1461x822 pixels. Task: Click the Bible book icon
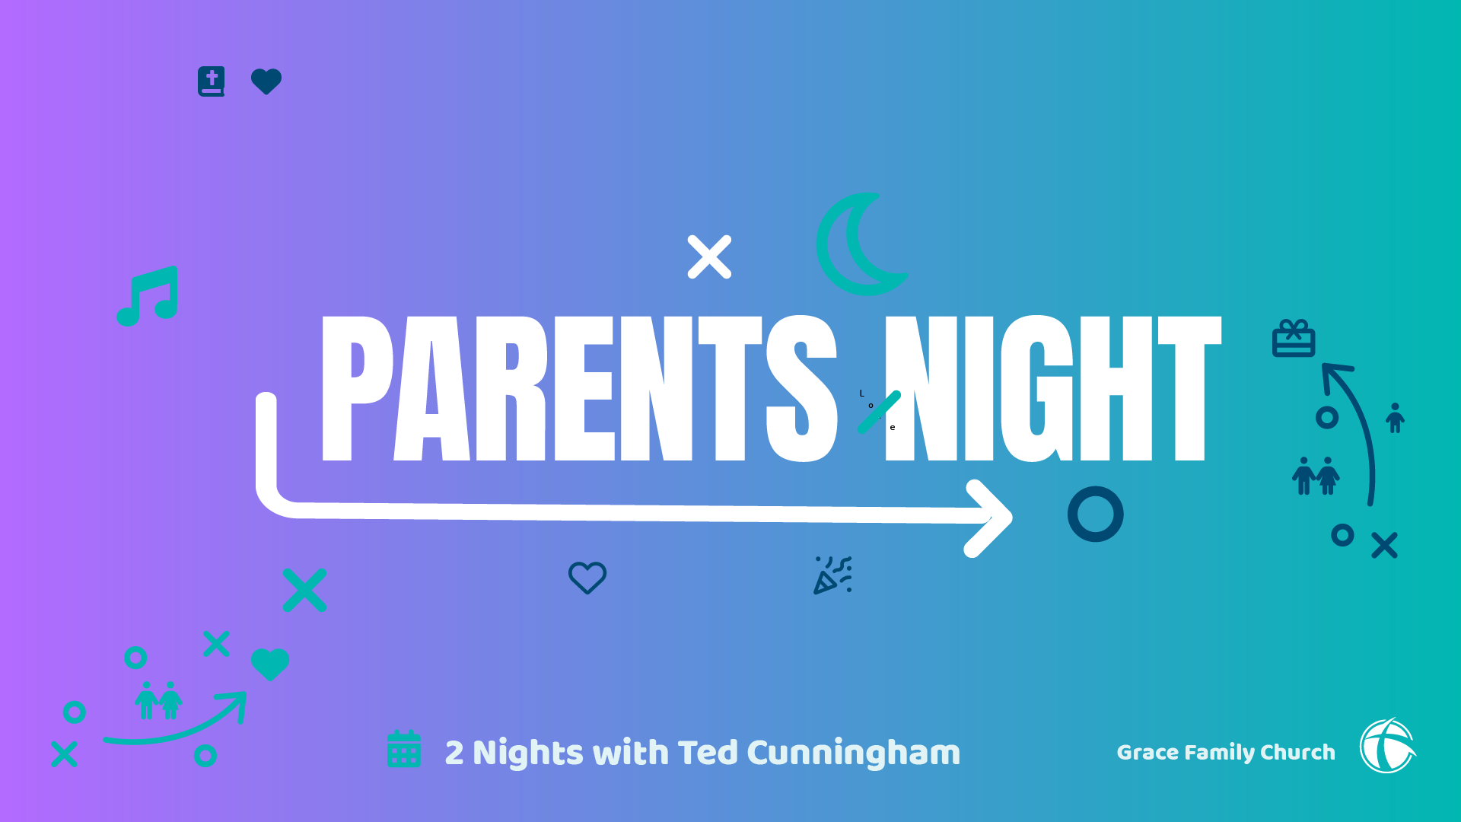click(x=212, y=81)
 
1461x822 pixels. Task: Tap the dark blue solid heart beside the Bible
click(x=266, y=81)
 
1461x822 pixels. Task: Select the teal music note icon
click(x=148, y=296)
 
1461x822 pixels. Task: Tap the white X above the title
click(x=709, y=256)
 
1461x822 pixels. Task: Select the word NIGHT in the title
click(x=1053, y=388)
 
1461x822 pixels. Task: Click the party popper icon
click(x=832, y=575)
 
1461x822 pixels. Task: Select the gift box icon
click(x=1294, y=338)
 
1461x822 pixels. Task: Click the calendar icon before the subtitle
click(x=404, y=749)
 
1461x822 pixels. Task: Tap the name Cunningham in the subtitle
click(x=854, y=753)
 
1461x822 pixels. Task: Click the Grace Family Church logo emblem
click(x=1388, y=746)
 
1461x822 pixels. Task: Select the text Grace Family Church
click(x=1226, y=752)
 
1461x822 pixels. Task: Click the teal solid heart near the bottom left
click(x=270, y=664)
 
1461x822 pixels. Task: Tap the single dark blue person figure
click(x=1395, y=418)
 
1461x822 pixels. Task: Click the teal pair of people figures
click(x=158, y=700)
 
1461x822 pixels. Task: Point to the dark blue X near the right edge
click(x=1384, y=545)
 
